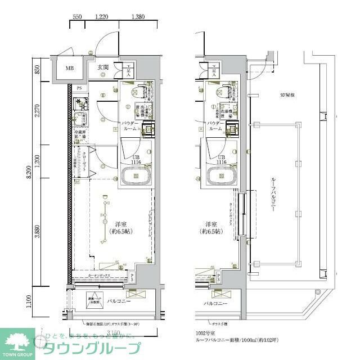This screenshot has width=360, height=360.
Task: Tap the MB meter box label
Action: coord(69,69)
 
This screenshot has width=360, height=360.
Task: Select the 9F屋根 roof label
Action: coord(288,93)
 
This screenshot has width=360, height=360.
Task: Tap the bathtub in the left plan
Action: coord(136,175)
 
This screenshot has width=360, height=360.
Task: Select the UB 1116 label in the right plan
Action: coord(222,159)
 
